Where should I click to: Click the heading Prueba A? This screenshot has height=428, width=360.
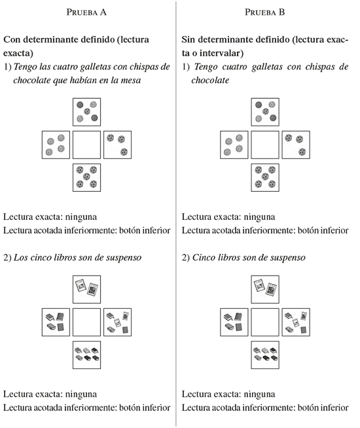(x=86, y=12)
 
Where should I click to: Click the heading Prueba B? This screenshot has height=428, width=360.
(x=264, y=12)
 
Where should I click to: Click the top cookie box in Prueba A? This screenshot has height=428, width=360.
(x=86, y=112)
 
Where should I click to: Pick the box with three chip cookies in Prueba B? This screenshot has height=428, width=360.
(x=296, y=145)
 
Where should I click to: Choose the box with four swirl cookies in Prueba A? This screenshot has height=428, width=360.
(x=56, y=145)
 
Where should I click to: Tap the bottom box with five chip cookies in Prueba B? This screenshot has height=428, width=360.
(x=265, y=177)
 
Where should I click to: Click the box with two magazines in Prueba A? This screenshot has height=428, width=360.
(x=86, y=289)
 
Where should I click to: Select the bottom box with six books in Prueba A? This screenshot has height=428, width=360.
(x=86, y=355)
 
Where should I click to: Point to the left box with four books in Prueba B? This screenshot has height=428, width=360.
(x=234, y=322)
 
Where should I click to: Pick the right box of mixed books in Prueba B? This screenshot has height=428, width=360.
(x=296, y=322)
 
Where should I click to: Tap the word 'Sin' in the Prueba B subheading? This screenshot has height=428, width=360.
(x=189, y=39)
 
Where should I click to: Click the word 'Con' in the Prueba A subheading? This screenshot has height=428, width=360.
(x=12, y=39)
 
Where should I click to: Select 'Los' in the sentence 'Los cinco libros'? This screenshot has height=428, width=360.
(x=19, y=257)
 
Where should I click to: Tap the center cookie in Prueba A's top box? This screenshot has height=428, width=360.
(x=87, y=111)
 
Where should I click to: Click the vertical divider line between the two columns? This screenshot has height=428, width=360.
(x=176, y=214)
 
